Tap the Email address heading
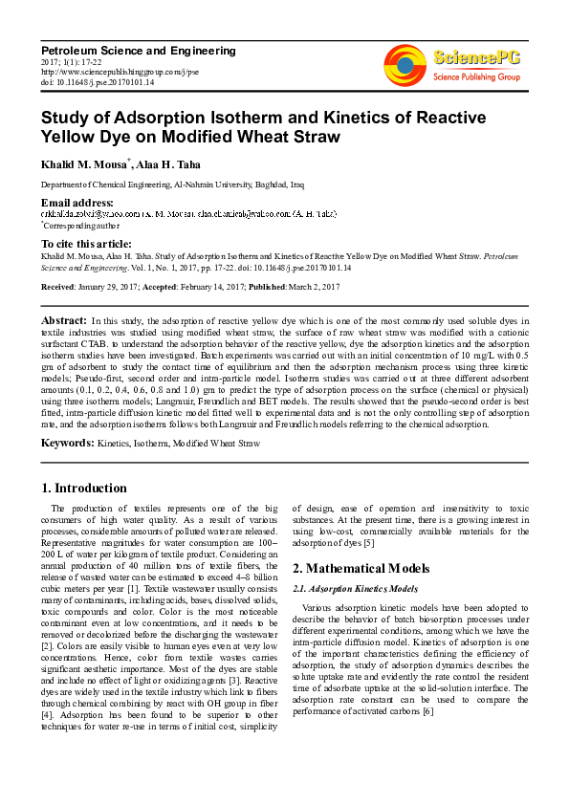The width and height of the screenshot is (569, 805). [77, 204]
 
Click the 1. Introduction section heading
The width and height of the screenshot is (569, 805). [85, 488]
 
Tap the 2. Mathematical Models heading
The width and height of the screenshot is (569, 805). [361, 568]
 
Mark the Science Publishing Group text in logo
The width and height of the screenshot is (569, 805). [476, 76]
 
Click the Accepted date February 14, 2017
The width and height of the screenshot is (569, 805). [202, 287]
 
